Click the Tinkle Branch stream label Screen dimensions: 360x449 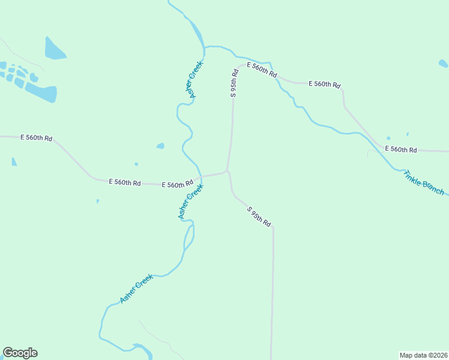point(424,182)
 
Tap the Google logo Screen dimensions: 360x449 point(20,353)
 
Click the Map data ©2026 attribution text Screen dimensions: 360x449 point(423,355)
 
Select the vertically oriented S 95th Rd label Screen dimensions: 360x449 point(235,83)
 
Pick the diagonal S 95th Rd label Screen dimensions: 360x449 point(259,217)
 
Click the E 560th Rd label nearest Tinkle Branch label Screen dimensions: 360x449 point(400,149)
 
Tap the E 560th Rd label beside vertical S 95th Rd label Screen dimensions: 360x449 point(262,71)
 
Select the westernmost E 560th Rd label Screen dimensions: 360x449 point(36,138)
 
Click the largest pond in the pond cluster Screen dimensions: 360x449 point(42,92)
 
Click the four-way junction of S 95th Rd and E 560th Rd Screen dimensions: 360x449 point(227,171)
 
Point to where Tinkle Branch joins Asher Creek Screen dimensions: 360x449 point(205,47)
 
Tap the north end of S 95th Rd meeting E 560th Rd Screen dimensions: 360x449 point(240,65)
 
